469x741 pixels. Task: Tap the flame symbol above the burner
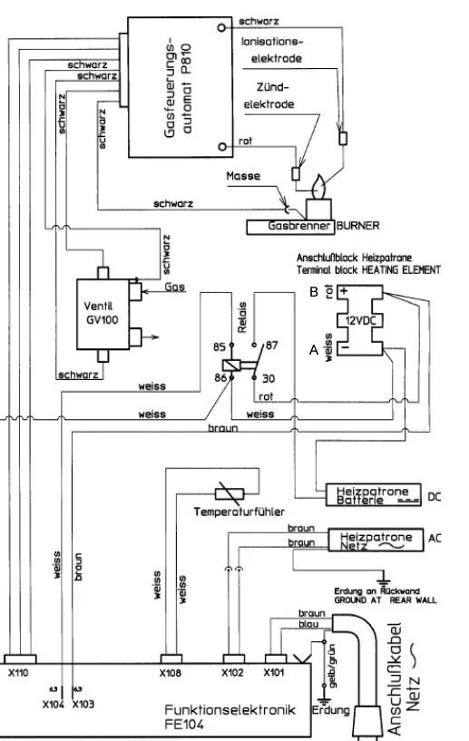tap(318, 187)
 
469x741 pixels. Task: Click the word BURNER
tap(358, 226)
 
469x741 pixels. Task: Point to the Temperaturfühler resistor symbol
tap(230, 494)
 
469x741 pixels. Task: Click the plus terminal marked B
tap(344, 291)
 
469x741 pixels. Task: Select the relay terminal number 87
tap(271, 346)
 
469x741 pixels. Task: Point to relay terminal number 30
tap(269, 378)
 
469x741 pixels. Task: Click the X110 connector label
tap(18, 673)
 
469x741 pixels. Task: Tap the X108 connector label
tap(171, 673)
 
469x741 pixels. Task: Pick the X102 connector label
tap(232, 673)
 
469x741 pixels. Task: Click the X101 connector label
tap(274, 673)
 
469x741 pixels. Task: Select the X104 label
tap(53, 705)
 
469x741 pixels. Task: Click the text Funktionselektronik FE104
tap(230, 717)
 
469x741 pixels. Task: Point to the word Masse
tap(243, 176)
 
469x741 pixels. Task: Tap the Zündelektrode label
tap(269, 96)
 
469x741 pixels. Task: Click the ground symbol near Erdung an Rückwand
tap(383, 578)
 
